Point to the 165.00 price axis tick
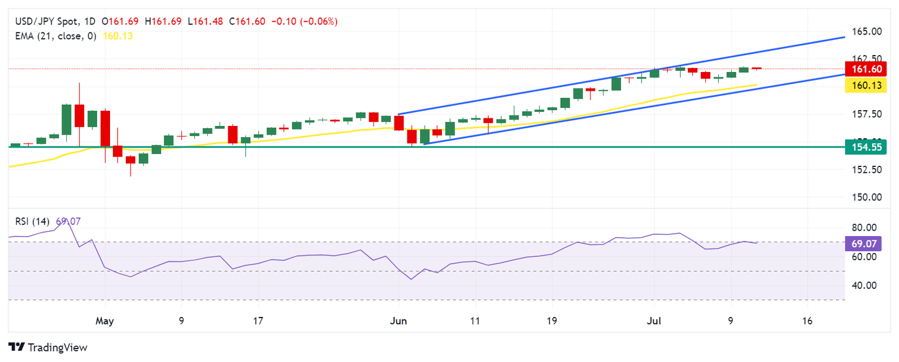[x=866, y=31]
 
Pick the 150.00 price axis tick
[x=866, y=197]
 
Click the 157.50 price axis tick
[x=866, y=114]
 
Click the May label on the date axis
[x=104, y=321]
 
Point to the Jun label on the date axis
[x=398, y=321]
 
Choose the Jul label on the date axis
[x=654, y=321]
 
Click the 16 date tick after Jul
[x=807, y=321]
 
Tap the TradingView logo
[x=48, y=347]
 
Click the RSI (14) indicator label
[x=32, y=221]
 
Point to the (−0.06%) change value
[x=318, y=22]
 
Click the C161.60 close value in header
[x=247, y=22]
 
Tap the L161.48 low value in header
[x=206, y=22]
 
